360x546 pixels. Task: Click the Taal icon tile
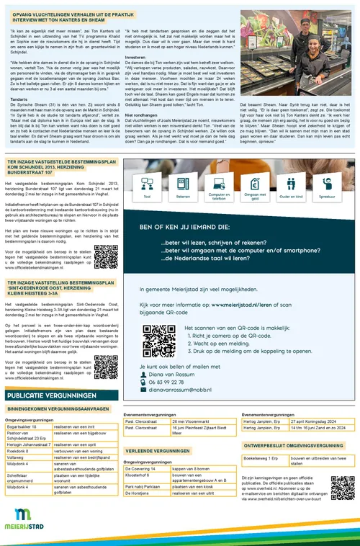(147, 186)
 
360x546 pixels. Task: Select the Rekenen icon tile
(183, 186)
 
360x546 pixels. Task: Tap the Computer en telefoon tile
(219, 186)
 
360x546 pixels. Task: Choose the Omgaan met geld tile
(256, 186)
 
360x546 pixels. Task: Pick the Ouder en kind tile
(292, 186)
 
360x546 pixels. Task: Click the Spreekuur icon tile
(328, 186)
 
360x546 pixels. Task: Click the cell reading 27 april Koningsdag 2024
(312, 421)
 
